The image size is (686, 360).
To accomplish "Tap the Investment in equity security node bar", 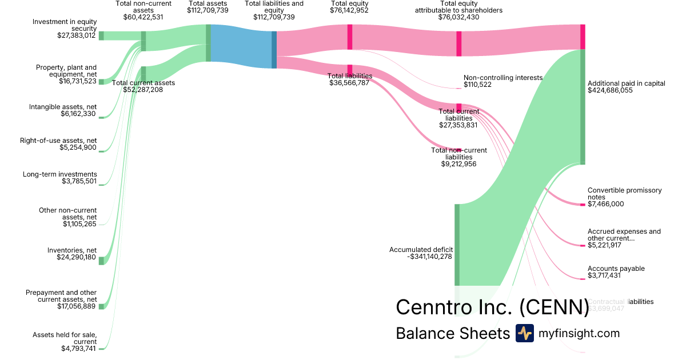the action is [x=101, y=35].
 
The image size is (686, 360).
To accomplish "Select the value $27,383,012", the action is [x=72, y=35].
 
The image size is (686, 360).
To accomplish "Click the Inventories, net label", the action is [x=72, y=250].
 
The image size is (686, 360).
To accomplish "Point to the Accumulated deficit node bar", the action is [x=457, y=244].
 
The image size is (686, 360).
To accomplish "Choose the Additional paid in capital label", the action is [x=626, y=83].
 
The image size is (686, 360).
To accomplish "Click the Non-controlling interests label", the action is [x=502, y=78].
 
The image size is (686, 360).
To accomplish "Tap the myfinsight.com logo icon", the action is [x=524, y=333].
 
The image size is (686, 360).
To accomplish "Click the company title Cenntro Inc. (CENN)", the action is [x=492, y=307].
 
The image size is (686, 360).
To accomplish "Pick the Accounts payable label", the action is [x=616, y=269].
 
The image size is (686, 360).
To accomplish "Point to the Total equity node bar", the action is [x=349, y=37].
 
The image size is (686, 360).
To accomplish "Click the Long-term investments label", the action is [x=60, y=174].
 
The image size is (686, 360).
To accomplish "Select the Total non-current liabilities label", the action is [x=458, y=154].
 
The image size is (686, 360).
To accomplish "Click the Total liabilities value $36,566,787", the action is [x=349, y=83].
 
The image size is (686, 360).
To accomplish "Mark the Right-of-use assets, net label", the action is [x=58, y=141].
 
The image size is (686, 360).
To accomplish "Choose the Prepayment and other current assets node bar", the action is [x=101, y=307].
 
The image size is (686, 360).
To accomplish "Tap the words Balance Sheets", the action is [x=452, y=333].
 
